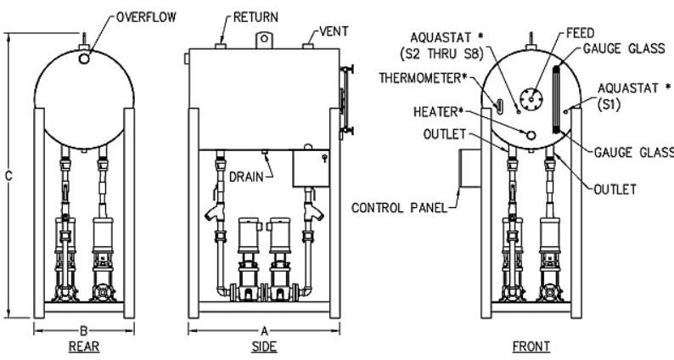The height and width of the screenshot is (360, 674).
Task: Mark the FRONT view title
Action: [x=531, y=347]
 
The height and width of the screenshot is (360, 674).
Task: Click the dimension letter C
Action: [x=10, y=177]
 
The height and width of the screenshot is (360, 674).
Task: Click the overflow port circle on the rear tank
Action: [x=85, y=58]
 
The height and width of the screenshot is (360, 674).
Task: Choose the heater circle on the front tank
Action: [x=531, y=134]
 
